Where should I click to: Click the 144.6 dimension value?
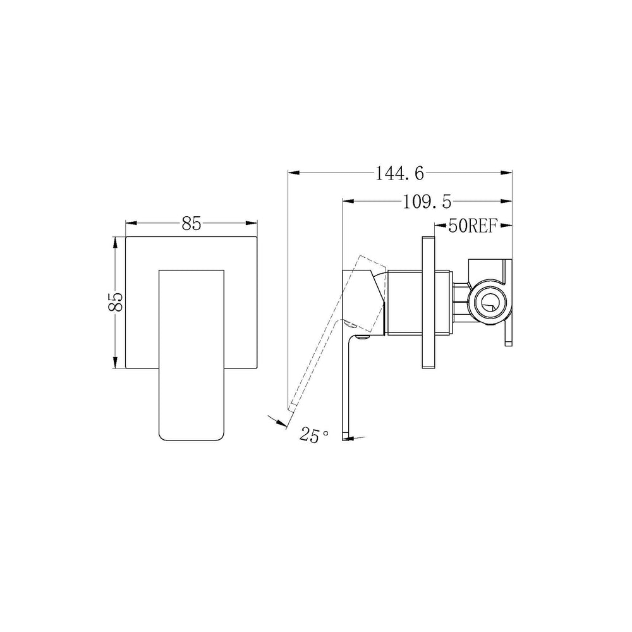pos(399,174)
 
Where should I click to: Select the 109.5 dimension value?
pos(427,202)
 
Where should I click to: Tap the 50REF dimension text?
pos(472,226)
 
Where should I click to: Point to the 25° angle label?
pos(314,435)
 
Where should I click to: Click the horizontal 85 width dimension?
pos(191,223)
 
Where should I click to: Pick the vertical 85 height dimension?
pos(115,301)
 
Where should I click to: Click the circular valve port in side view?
pos(489,302)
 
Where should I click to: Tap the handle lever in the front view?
pos(191,355)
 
